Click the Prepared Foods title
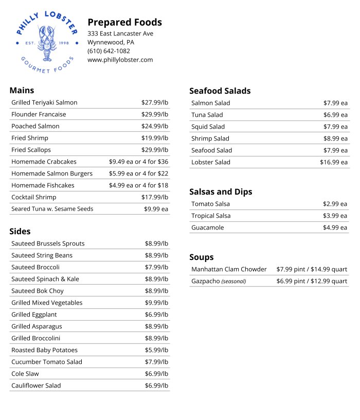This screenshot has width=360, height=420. pyautogui.click(x=124, y=22)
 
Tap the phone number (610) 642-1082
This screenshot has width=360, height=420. pyautogui.click(x=109, y=51)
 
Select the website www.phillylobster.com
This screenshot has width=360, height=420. pyautogui.click(x=120, y=60)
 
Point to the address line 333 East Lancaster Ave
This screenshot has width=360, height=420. pyautogui.click(x=120, y=33)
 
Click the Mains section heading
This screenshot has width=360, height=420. pyautogui.click(x=22, y=90)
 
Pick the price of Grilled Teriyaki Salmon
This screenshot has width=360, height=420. pyautogui.click(x=155, y=102)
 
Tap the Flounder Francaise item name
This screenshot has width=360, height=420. pyautogui.click(x=39, y=114)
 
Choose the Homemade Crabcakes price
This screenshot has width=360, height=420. pyautogui.click(x=138, y=162)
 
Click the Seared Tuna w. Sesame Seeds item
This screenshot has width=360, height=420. pyautogui.click(x=52, y=209)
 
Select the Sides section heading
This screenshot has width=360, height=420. pyautogui.click(x=20, y=231)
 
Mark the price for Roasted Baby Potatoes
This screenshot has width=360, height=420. pyautogui.click(x=156, y=350)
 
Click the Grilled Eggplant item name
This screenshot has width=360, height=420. pyautogui.click(x=34, y=314)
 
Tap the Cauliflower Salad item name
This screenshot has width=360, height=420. pyautogui.click(x=36, y=386)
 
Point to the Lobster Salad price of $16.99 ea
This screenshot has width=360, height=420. pyautogui.click(x=334, y=162)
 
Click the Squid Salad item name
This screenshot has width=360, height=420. pyautogui.click(x=208, y=127)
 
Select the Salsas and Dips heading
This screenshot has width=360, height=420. pyautogui.click(x=221, y=191)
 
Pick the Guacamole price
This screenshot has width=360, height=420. pyautogui.click(x=335, y=227)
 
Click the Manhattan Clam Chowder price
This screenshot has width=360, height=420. pyautogui.click(x=312, y=269)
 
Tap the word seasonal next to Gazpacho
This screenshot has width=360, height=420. pyautogui.click(x=233, y=282)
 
